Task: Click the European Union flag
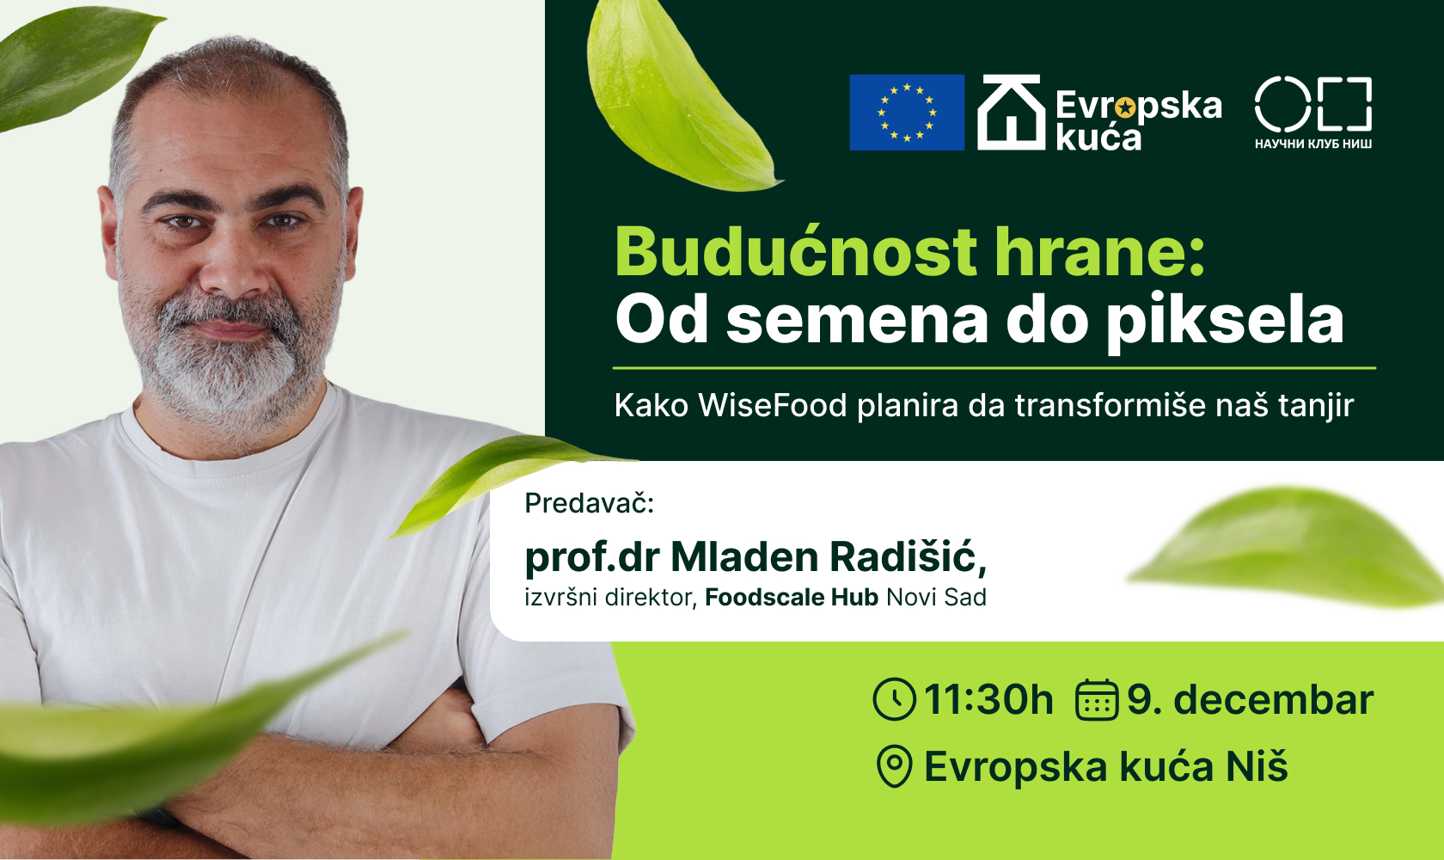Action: [907, 113]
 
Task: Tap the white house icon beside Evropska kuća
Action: [1012, 113]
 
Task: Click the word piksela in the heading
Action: [1225, 320]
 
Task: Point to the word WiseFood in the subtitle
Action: [772, 405]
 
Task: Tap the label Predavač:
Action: [590, 503]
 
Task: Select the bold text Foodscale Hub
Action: [791, 598]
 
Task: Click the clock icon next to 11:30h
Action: [894, 699]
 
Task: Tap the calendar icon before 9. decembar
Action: [1097, 699]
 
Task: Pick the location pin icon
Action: [894, 766]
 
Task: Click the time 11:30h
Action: [988, 700]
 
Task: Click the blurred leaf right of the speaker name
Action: [1289, 550]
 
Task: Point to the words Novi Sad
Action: [936, 598]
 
